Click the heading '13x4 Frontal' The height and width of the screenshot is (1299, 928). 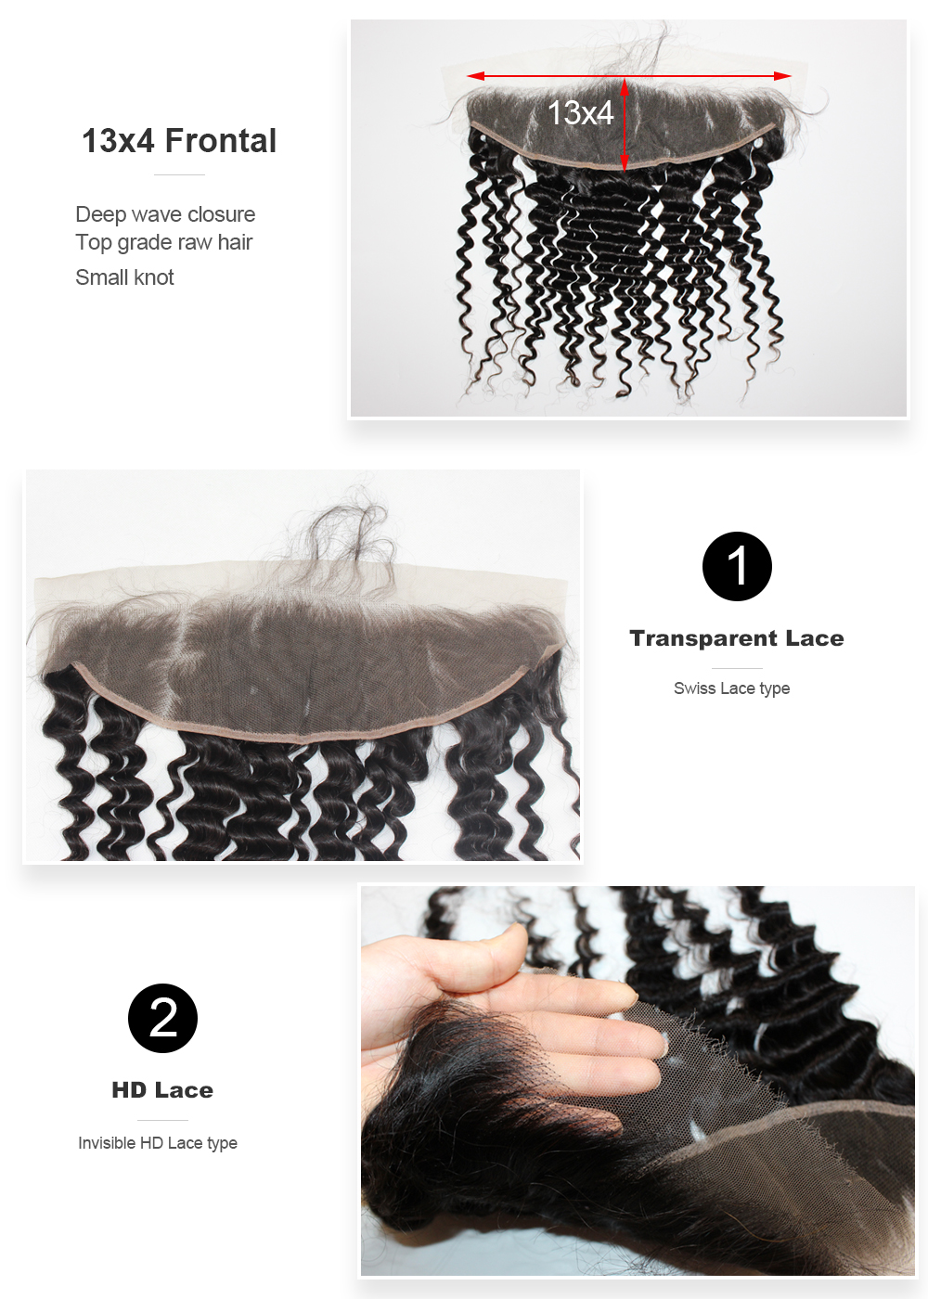tap(179, 141)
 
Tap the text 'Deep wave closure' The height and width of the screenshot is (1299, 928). tap(165, 214)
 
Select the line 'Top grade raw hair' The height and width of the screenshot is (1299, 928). tap(164, 242)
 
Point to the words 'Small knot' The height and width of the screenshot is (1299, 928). tap(124, 277)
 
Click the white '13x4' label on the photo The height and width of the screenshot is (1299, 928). tap(580, 112)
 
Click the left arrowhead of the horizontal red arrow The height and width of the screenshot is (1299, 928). tap(475, 76)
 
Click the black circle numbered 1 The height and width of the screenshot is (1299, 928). tap(737, 566)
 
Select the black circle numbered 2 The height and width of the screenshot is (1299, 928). tap(162, 1018)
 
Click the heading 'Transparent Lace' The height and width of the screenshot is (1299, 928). tap(737, 638)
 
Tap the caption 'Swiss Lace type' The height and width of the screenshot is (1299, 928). tap(732, 688)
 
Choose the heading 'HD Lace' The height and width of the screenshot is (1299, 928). tap(162, 1090)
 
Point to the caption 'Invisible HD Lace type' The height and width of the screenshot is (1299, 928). tap(158, 1143)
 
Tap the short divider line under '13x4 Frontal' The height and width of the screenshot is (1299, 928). tap(179, 174)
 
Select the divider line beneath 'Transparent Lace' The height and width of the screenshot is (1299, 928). tap(737, 669)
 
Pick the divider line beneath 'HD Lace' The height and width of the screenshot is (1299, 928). tap(162, 1121)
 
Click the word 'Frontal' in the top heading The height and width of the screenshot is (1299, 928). tap(221, 141)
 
